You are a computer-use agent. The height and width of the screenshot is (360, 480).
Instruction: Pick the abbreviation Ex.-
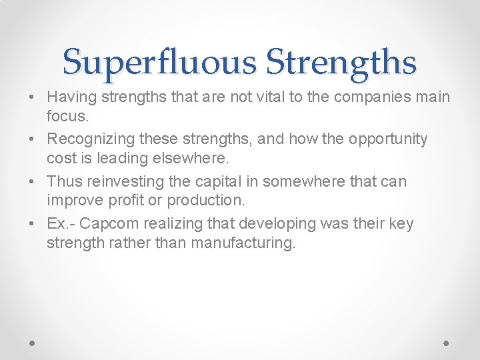pos(62,223)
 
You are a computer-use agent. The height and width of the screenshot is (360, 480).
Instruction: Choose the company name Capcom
pos(111,223)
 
